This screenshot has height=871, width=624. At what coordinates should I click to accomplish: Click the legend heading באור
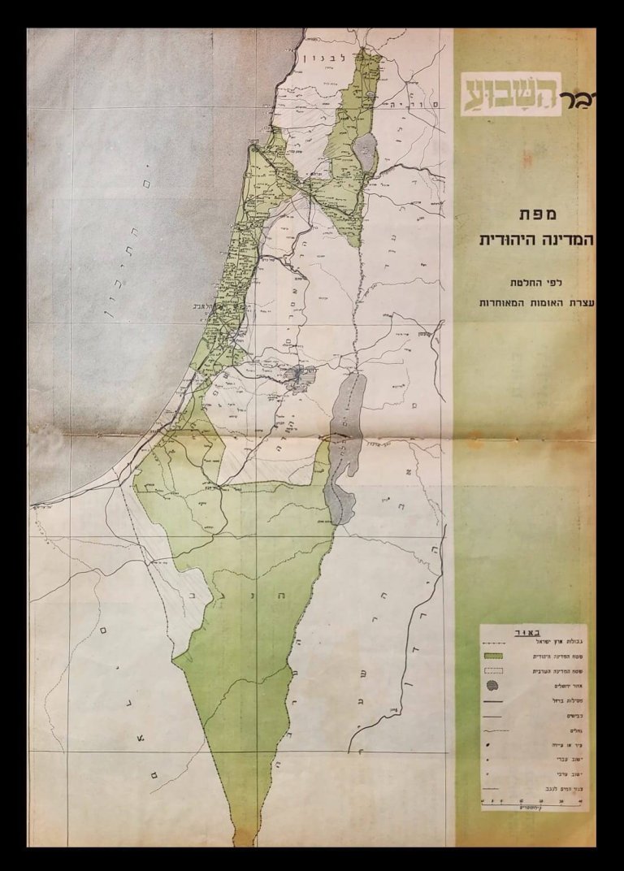point(533,630)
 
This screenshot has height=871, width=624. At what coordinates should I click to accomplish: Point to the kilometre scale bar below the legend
point(533,802)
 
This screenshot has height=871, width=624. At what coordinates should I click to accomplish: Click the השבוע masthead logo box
point(512,93)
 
